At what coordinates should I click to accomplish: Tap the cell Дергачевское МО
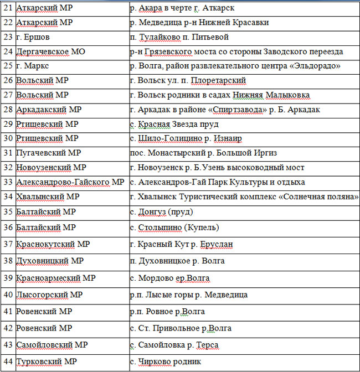click(x=50, y=51)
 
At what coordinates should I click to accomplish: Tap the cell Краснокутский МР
click(x=53, y=244)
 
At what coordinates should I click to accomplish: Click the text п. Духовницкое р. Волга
click(x=177, y=260)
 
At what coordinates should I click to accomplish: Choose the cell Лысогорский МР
click(x=49, y=294)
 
